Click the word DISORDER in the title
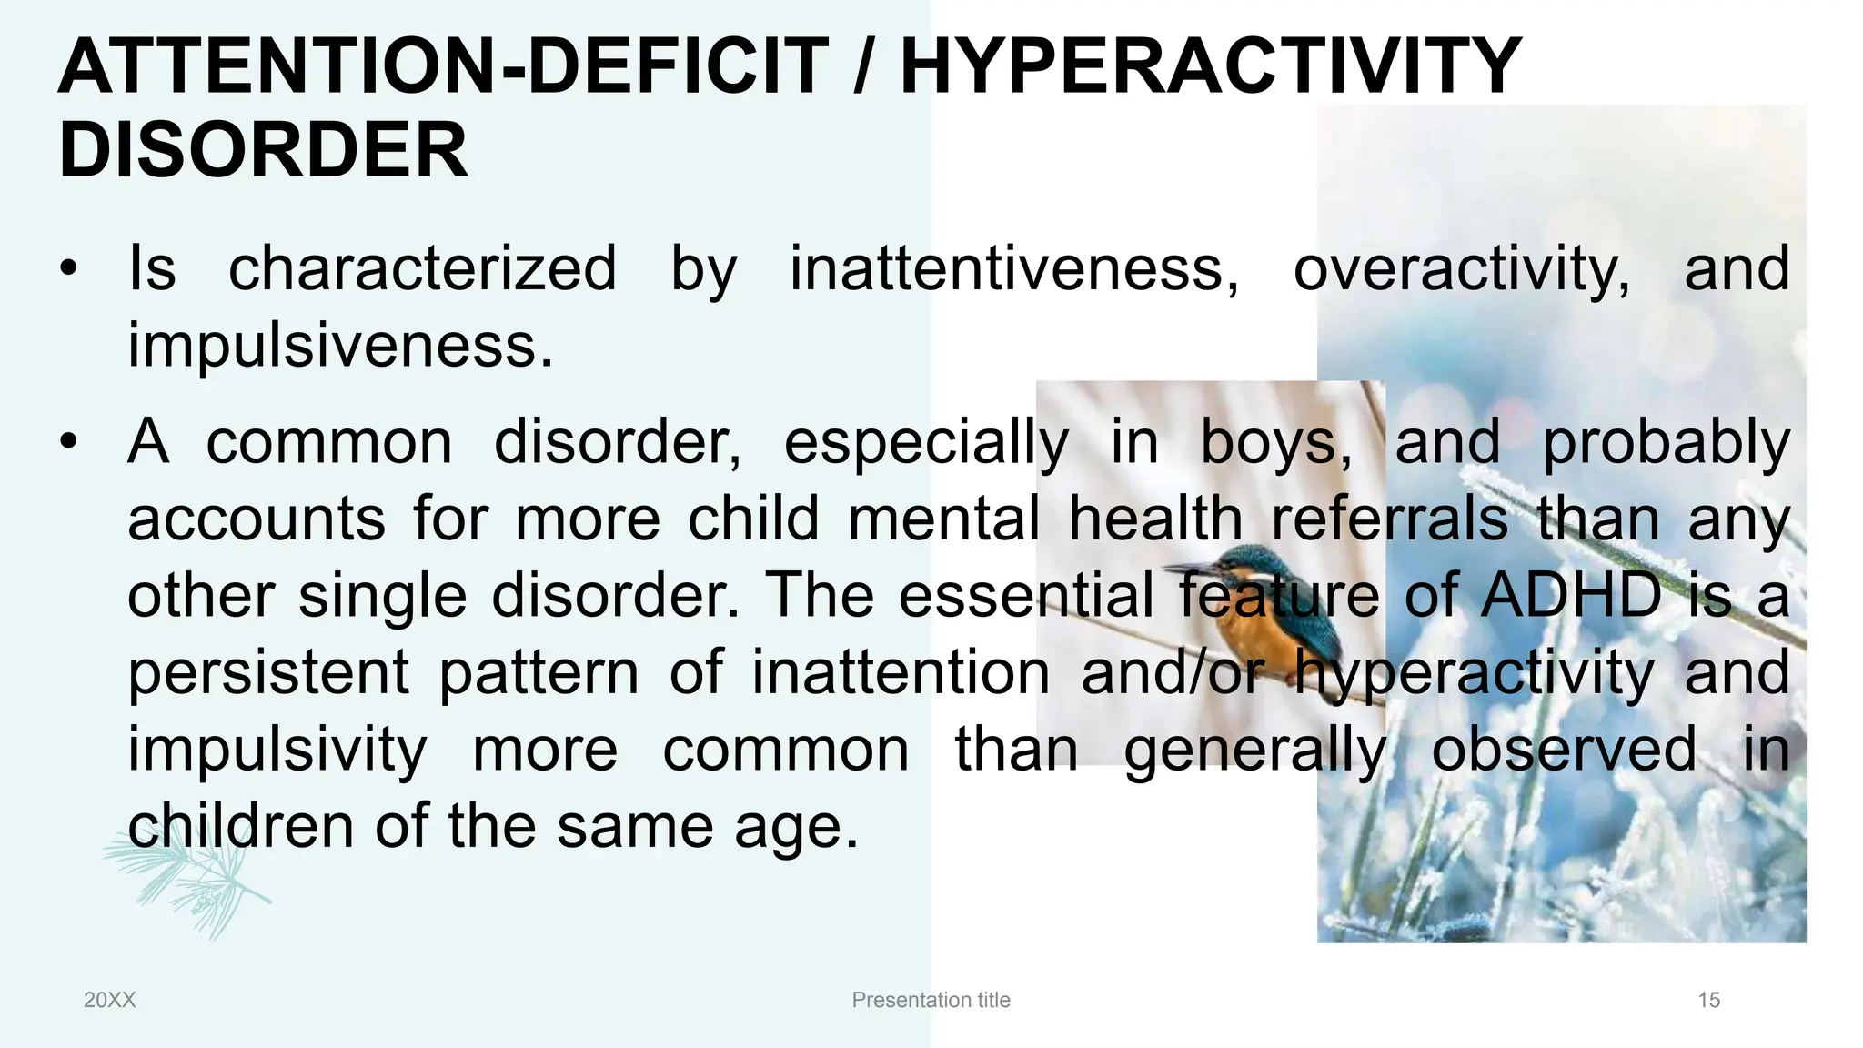(264, 150)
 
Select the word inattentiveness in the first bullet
(1013, 269)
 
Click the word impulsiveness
(339, 346)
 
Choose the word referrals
(1389, 519)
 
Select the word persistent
(268, 673)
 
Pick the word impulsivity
(277, 751)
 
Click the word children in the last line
(240, 827)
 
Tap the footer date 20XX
(109, 1000)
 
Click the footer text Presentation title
(931, 1000)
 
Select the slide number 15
(1708, 1000)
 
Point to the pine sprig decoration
(186, 878)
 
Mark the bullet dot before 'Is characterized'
(69, 270)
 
